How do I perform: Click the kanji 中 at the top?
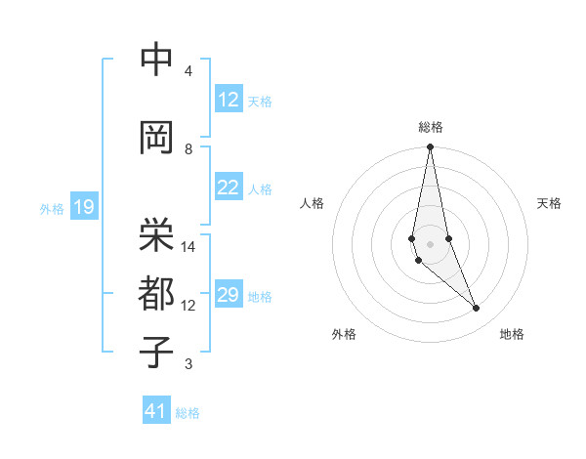click(156, 62)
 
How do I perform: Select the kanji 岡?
click(156, 139)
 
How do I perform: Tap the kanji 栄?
click(156, 232)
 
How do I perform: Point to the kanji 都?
click(156, 294)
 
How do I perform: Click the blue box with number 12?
click(229, 100)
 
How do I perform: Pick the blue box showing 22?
click(229, 188)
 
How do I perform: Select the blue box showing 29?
click(229, 295)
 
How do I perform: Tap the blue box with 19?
click(83, 207)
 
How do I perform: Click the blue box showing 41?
click(156, 411)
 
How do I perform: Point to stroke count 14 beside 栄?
click(189, 247)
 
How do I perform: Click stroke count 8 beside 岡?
click(188, 148)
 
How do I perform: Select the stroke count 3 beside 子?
click(188, 365)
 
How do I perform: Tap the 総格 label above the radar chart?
click(430, 127)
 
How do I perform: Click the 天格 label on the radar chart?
click(549, 203)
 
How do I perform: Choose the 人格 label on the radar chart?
click(312, 203)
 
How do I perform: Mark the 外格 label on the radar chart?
click(343, 334)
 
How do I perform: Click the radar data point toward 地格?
click(477, 309)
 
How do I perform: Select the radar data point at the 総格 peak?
click(430, 147)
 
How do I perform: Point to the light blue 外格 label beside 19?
click(51, 208)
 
